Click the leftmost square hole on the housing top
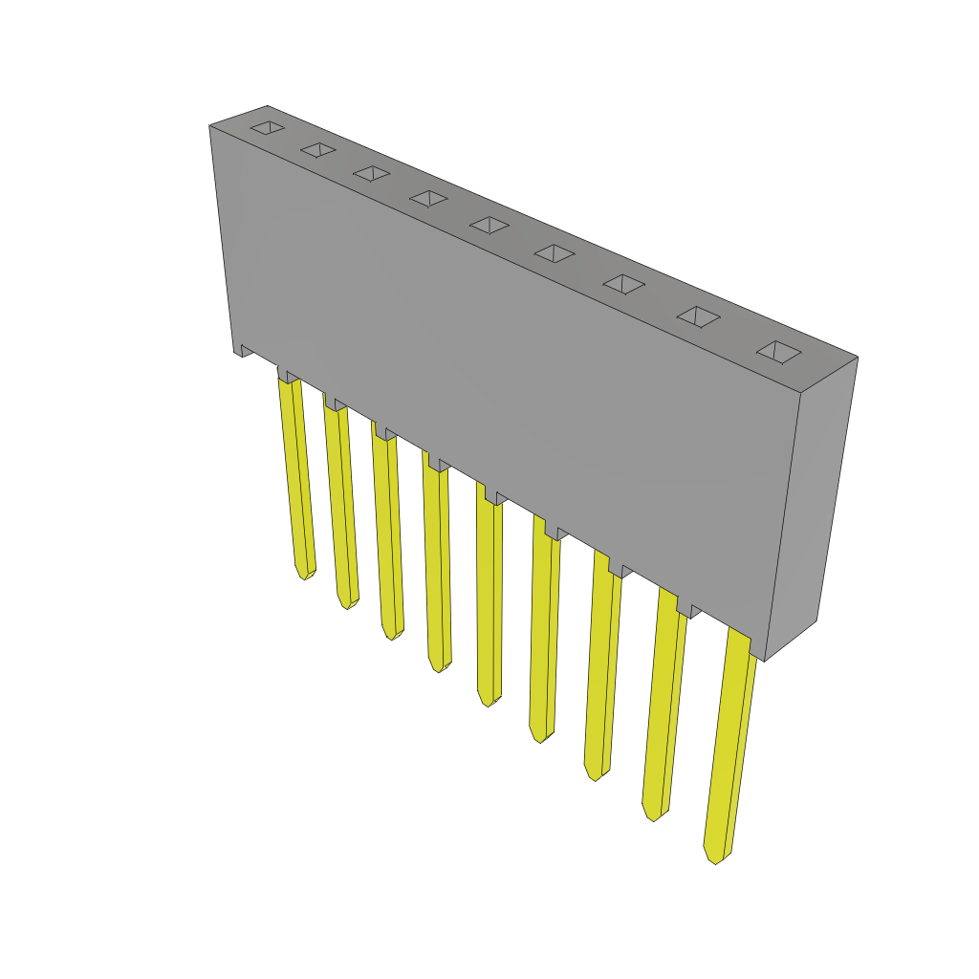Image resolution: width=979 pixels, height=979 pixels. click(x=268, y=127)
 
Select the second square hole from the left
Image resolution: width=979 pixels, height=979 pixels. click(x=318, y=149)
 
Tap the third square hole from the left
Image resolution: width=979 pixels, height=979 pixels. click(x=372, y=173)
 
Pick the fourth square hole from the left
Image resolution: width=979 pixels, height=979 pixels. click(x=428, y=198)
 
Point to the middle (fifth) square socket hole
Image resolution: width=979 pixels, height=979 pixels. click(x=489, y=225)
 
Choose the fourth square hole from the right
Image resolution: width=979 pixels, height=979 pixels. click(x=555, y=253)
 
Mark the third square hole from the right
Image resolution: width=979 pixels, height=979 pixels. click(x=623, y=284)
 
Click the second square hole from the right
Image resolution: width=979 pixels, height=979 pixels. click(x=699, y=316)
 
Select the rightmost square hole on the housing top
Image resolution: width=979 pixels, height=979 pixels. click(x=779, y=352)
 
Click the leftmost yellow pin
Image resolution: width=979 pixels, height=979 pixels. click(x=296, y=478)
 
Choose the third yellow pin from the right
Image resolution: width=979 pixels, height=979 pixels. click(x=602, y=669)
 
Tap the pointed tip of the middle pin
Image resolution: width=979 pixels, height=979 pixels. click(x=488, y=701)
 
